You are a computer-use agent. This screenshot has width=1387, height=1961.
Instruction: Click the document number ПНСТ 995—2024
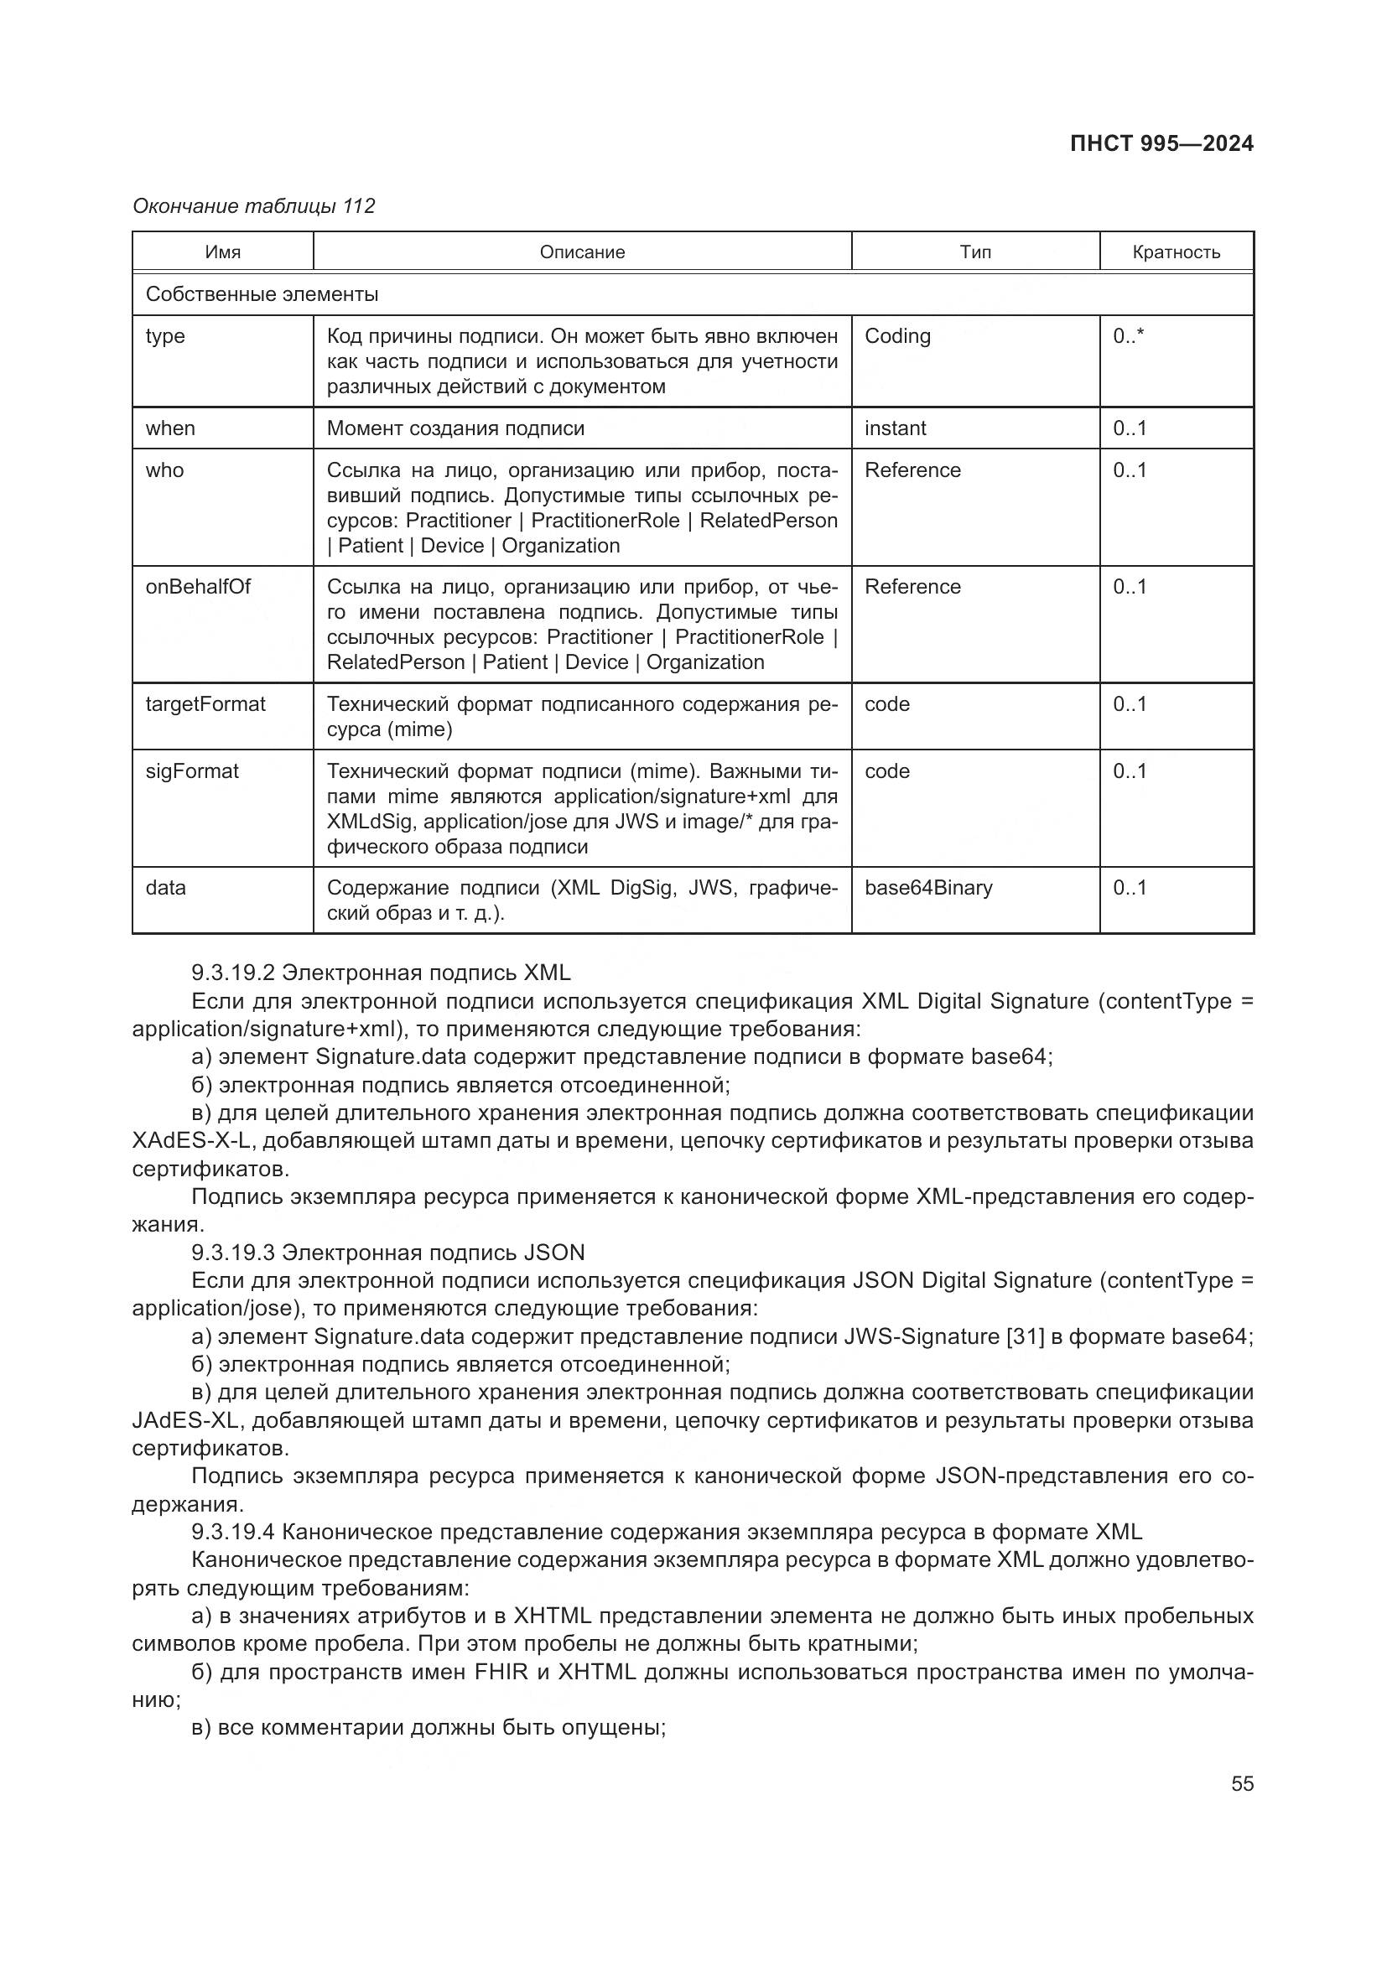coord(1161,143)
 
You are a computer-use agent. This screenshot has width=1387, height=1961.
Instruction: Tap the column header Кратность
coord(1175,252)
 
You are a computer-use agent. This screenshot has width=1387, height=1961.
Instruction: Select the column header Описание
coord(582,252)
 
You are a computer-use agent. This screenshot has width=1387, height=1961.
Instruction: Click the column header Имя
coord(223,252)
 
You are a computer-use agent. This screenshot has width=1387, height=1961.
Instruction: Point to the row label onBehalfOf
coord(198,587)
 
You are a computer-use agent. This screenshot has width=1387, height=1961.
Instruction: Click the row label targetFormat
coord(205,703)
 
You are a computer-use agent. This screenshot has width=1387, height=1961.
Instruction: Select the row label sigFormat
coord(192,771)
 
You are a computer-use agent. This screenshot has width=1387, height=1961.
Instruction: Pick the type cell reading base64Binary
coord(928,887)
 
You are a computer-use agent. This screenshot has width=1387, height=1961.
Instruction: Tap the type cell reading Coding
coord(897,335)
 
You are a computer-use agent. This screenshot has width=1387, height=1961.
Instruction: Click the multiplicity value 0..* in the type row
coord(1128,335)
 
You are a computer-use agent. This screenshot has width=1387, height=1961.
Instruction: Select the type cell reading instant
coord(895,428)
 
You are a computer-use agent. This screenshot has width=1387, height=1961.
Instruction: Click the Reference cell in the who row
coord(912,469)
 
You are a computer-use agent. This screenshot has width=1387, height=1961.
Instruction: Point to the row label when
coord(170,428)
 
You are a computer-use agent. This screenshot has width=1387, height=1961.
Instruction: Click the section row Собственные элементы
coord(262,293)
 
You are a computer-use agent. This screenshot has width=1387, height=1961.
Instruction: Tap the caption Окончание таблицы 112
coord(253,206)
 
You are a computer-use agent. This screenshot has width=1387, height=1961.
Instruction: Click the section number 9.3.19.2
coord(232,973)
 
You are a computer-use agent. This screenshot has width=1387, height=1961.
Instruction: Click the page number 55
coord(1242,1783)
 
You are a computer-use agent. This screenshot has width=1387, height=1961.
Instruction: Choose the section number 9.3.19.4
coord(232,1533)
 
